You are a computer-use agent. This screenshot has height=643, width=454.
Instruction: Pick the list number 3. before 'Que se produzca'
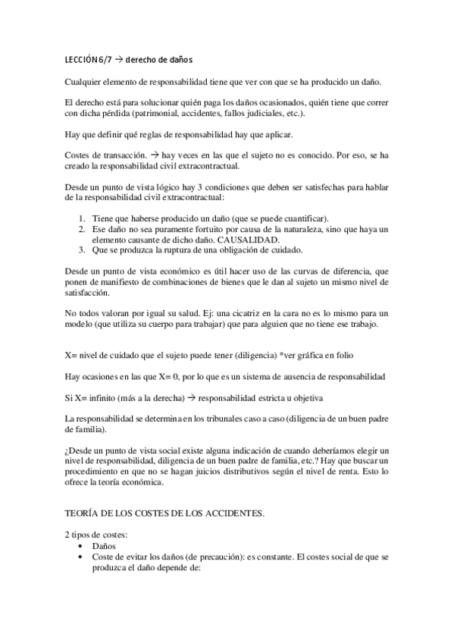point(83,250)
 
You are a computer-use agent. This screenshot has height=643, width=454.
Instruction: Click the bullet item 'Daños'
point(104,545)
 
